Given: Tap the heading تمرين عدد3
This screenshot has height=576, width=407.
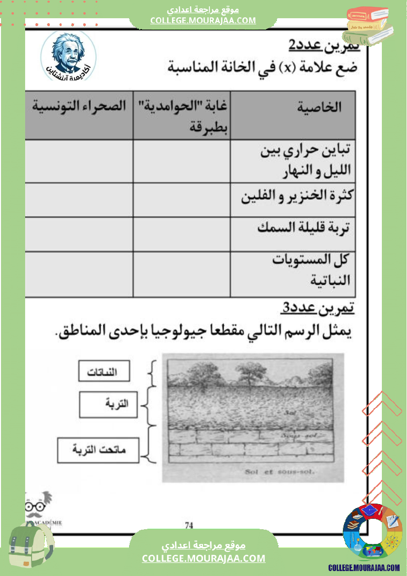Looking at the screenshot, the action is point(318,308).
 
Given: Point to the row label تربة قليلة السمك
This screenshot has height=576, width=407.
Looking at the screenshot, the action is point(303,228).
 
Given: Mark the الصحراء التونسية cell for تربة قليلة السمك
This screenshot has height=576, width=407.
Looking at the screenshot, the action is point(79,234).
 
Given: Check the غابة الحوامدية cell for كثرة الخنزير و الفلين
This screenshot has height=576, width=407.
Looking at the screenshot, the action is point(181,200).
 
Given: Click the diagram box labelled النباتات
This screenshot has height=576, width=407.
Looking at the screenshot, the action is point(104,372).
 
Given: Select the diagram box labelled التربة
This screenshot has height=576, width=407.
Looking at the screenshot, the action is point(108,405).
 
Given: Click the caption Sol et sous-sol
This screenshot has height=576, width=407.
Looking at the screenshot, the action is point(279,472).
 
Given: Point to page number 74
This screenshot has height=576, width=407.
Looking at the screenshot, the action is point(189,525).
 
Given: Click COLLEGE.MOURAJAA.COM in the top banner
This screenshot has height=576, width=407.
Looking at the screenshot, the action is point(203,20).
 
